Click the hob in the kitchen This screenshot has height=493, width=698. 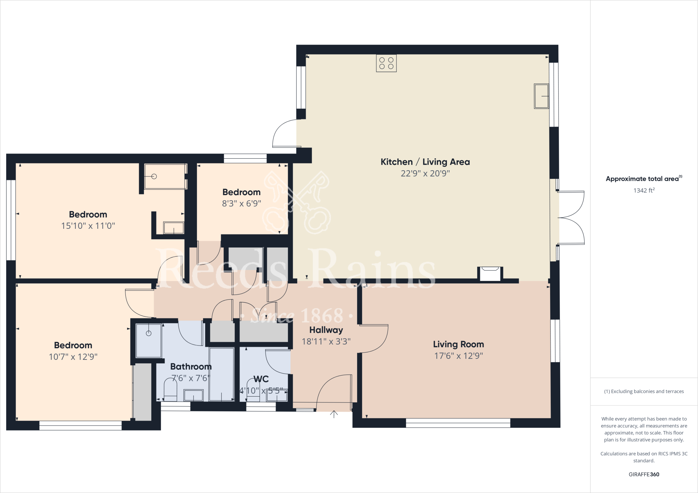386,63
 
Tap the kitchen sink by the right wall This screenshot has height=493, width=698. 541,96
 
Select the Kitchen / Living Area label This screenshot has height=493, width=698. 425,162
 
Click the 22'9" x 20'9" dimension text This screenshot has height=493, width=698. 425,174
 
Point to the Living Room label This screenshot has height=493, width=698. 458,345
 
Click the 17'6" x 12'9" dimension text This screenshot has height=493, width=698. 458,356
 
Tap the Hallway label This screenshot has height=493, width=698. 326,330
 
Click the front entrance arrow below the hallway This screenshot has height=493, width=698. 334,414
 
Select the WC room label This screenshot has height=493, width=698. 261,379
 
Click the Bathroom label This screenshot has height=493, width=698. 191,367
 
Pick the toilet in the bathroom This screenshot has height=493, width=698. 170,390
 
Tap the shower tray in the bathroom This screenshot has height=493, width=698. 149,340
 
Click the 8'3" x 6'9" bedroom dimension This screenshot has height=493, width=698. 241,204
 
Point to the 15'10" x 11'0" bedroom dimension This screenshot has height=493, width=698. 88,226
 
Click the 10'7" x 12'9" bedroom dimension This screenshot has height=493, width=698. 73,357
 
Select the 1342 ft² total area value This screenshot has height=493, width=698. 644,191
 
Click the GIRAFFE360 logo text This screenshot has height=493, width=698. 644,475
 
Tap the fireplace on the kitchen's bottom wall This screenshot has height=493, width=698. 490,274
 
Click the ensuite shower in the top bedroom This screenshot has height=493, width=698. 165,176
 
